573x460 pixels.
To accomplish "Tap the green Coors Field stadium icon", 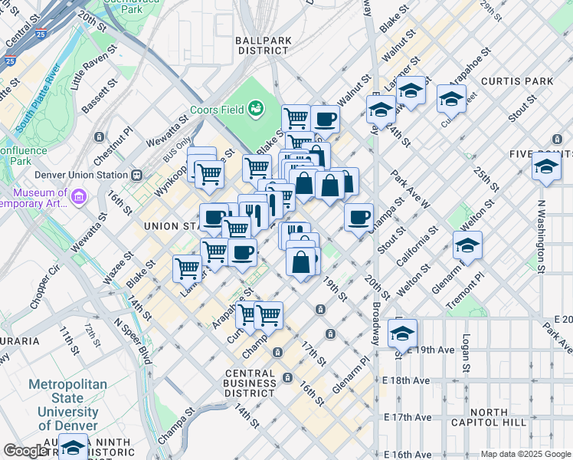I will coord(256,110).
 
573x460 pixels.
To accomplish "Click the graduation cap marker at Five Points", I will coord(546,166).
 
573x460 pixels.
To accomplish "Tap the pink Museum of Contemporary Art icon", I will coord(77,198).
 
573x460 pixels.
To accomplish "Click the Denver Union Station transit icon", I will coord(136,174).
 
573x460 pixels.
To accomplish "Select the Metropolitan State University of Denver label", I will coord(67,405).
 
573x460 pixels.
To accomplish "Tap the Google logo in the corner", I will coord(25,452).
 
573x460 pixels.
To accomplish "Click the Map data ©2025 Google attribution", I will coord(526,454).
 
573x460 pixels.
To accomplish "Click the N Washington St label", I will coord(541,237).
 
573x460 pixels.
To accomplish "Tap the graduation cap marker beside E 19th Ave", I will coord(402,333).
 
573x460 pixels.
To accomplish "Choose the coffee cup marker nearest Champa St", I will coord(359,217).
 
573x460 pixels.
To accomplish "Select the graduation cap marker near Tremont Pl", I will coord(467,245).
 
